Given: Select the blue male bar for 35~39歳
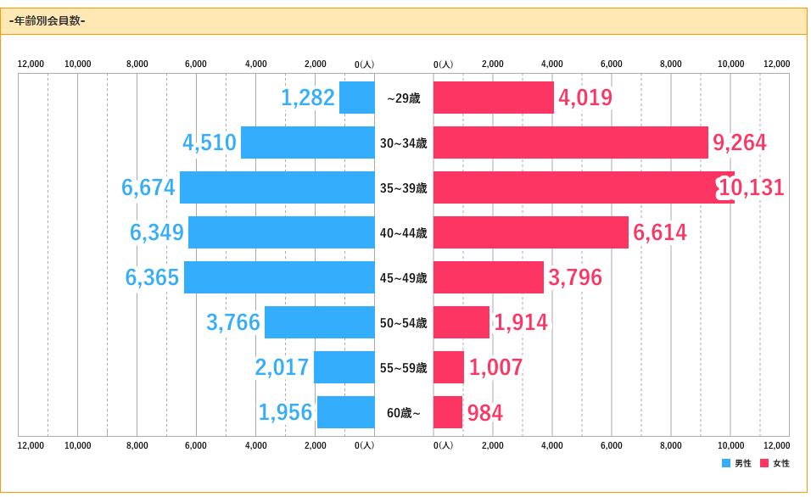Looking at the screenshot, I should click(x=277, y=187).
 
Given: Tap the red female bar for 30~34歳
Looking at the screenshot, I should click(x=571, y=142).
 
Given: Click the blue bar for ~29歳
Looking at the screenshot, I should click(x=357, y=98).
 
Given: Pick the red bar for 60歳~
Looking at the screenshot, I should click(x=448, y=412).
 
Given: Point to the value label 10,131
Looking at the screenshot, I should click(x=751, y=188).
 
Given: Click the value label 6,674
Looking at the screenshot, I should click(x=148, y=187).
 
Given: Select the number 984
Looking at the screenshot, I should click(x=485, y=413).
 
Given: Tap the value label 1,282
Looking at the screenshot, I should click(x=308, y=98).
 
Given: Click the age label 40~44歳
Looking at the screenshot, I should click(x=404, y=233).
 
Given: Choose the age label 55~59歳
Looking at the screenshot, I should click(x=404, y=368).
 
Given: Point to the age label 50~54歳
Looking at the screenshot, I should click(x=404, y=323).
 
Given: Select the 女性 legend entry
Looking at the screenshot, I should click(x=775, y=463).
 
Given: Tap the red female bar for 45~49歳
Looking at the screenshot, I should click(x=489, y=277).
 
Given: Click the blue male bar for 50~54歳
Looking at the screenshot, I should click(x=320, y=322).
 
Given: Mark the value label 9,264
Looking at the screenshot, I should click(x=740, y=142).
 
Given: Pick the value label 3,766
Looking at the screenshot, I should click(x=233, y=322).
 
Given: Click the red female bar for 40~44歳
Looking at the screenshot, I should click(x=531, y=232).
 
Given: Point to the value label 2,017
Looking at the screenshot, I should click(x=282, y=367).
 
